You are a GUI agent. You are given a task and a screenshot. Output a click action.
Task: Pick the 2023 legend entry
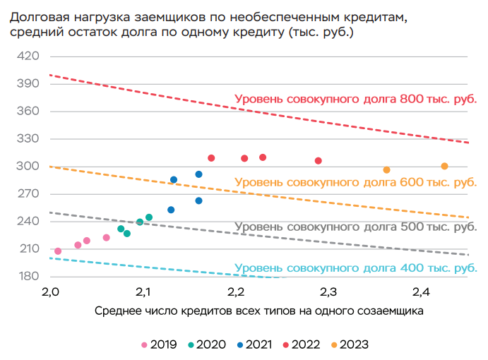pyautogui.click(x=350, y=345)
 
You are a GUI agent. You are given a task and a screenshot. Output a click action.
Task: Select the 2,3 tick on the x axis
pyautogui.click(x=328, y=291)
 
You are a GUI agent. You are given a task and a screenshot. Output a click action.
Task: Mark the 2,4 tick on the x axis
pyautogui.click(x=422, y=291)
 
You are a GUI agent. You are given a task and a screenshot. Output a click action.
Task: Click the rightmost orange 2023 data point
pyautogui.click(x=444, y=167)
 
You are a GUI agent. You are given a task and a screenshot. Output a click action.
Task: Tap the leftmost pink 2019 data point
pyautogui.click(x=58, y=251)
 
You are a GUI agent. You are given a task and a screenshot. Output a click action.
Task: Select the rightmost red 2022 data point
pyautogui.click(x=319, y=161)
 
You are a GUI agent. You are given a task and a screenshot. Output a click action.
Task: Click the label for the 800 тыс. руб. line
pyautogui.click(x=355, y=99)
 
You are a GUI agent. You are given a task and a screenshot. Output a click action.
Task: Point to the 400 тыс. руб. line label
pyautogui.click(x=355, y=268)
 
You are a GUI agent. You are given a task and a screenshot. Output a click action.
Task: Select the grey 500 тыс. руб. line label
pyautogui.click(x=355, y=227)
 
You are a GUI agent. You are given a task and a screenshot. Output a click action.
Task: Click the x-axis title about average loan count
pyautogui.click(x=258, y=311)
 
